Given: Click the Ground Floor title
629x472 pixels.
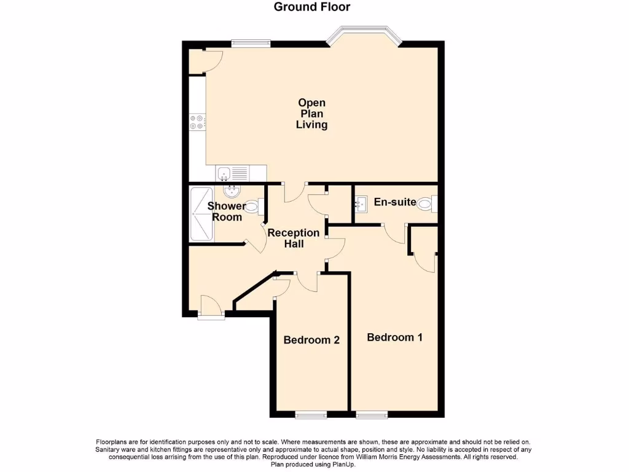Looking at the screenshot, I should (x=311, y=7).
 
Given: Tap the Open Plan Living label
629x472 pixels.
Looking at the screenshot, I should (x=311, y=114).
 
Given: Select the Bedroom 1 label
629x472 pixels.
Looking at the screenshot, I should (x=394, y=337).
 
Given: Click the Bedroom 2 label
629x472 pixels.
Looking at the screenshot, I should (x=311, y=340).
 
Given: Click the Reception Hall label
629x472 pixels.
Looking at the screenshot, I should (x=294, y=238).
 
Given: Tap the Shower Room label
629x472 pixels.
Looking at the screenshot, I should (x=227, y=211).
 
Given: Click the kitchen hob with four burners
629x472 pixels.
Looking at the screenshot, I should (x=197, y=122).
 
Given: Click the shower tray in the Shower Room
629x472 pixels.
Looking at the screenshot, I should (x=201, y=214).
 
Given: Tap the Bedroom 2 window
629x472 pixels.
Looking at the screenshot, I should (x=311, y=415).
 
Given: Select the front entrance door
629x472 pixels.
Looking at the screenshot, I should (x=211, y=307).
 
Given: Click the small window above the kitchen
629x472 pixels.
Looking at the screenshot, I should (x=251, y=43).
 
